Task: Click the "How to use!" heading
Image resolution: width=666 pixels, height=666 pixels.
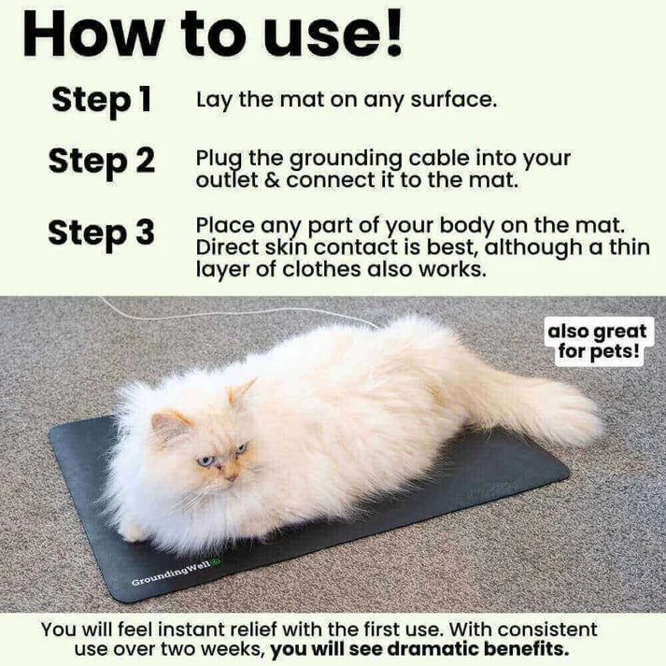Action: click(213, 35)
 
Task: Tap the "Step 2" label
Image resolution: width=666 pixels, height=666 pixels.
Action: click(101, 161)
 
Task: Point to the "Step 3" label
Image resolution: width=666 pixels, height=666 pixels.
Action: click(101, 233)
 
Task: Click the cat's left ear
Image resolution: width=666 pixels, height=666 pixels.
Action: click(166, 425)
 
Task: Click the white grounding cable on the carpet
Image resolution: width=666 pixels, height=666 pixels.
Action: click(234, 312)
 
